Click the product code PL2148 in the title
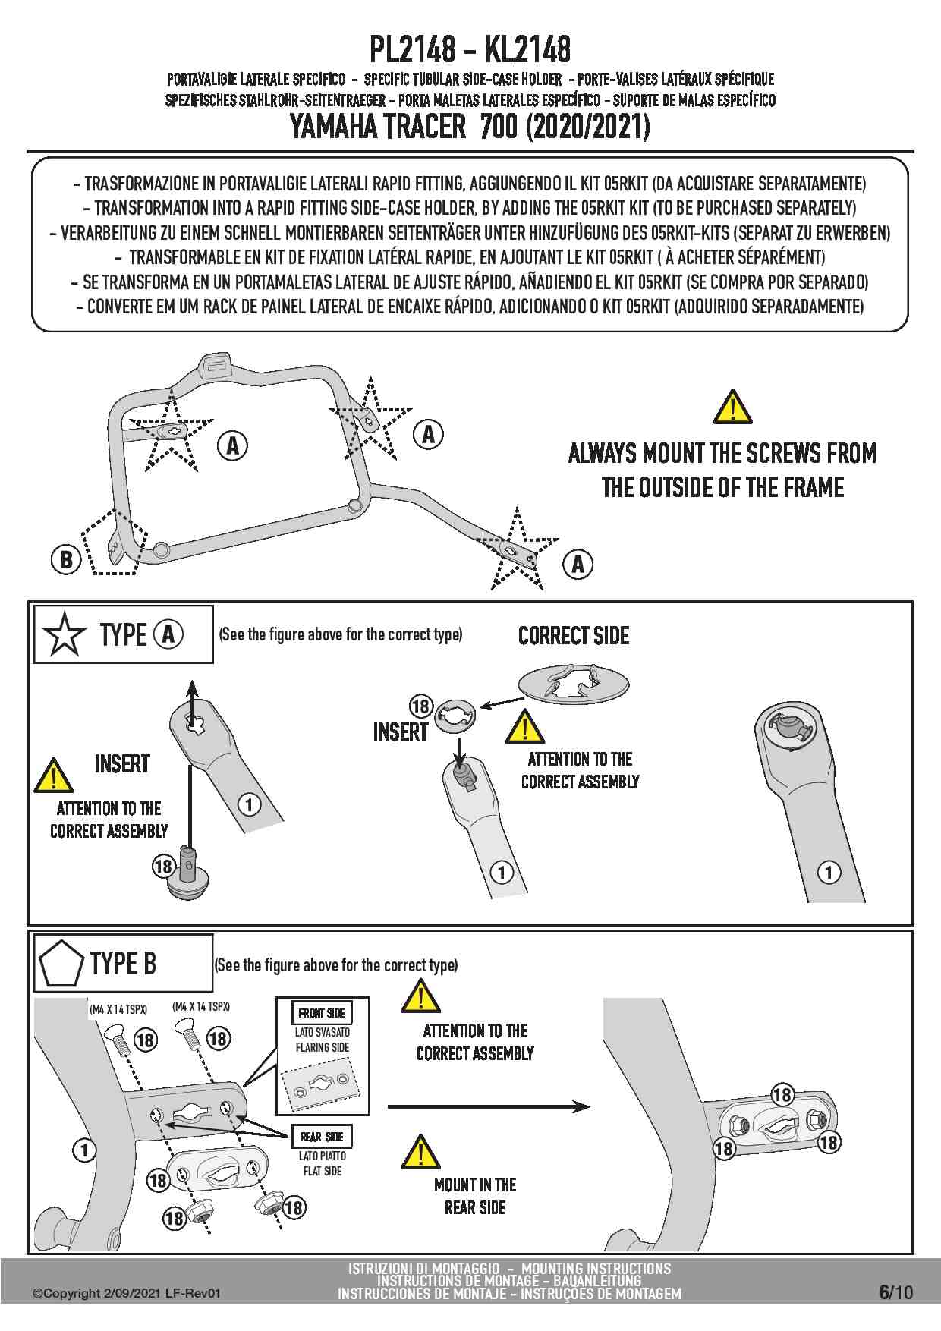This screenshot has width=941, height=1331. (412, 50)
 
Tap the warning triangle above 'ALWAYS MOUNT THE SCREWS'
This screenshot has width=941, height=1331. (732, 407)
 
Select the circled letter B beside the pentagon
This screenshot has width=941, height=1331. (66, 560)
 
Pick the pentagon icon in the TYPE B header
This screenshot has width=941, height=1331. (61, 964)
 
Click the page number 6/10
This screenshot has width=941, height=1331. (895, 1292)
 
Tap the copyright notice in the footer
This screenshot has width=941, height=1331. (127, 1293)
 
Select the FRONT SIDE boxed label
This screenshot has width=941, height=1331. (322, 1013)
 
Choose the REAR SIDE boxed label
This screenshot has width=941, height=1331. (322, 1137)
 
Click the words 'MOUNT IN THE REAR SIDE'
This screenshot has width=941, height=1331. (475, 1196)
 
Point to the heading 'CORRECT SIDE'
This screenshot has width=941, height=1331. (574, 636)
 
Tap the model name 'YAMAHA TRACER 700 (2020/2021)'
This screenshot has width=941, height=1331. (470, 127)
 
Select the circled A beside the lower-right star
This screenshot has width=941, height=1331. (578, 564)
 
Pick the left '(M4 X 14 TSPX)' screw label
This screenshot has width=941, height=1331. (118, 1009)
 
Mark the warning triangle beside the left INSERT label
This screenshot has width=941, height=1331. (53, 776)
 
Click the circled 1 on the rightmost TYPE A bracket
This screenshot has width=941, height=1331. (829, 872)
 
